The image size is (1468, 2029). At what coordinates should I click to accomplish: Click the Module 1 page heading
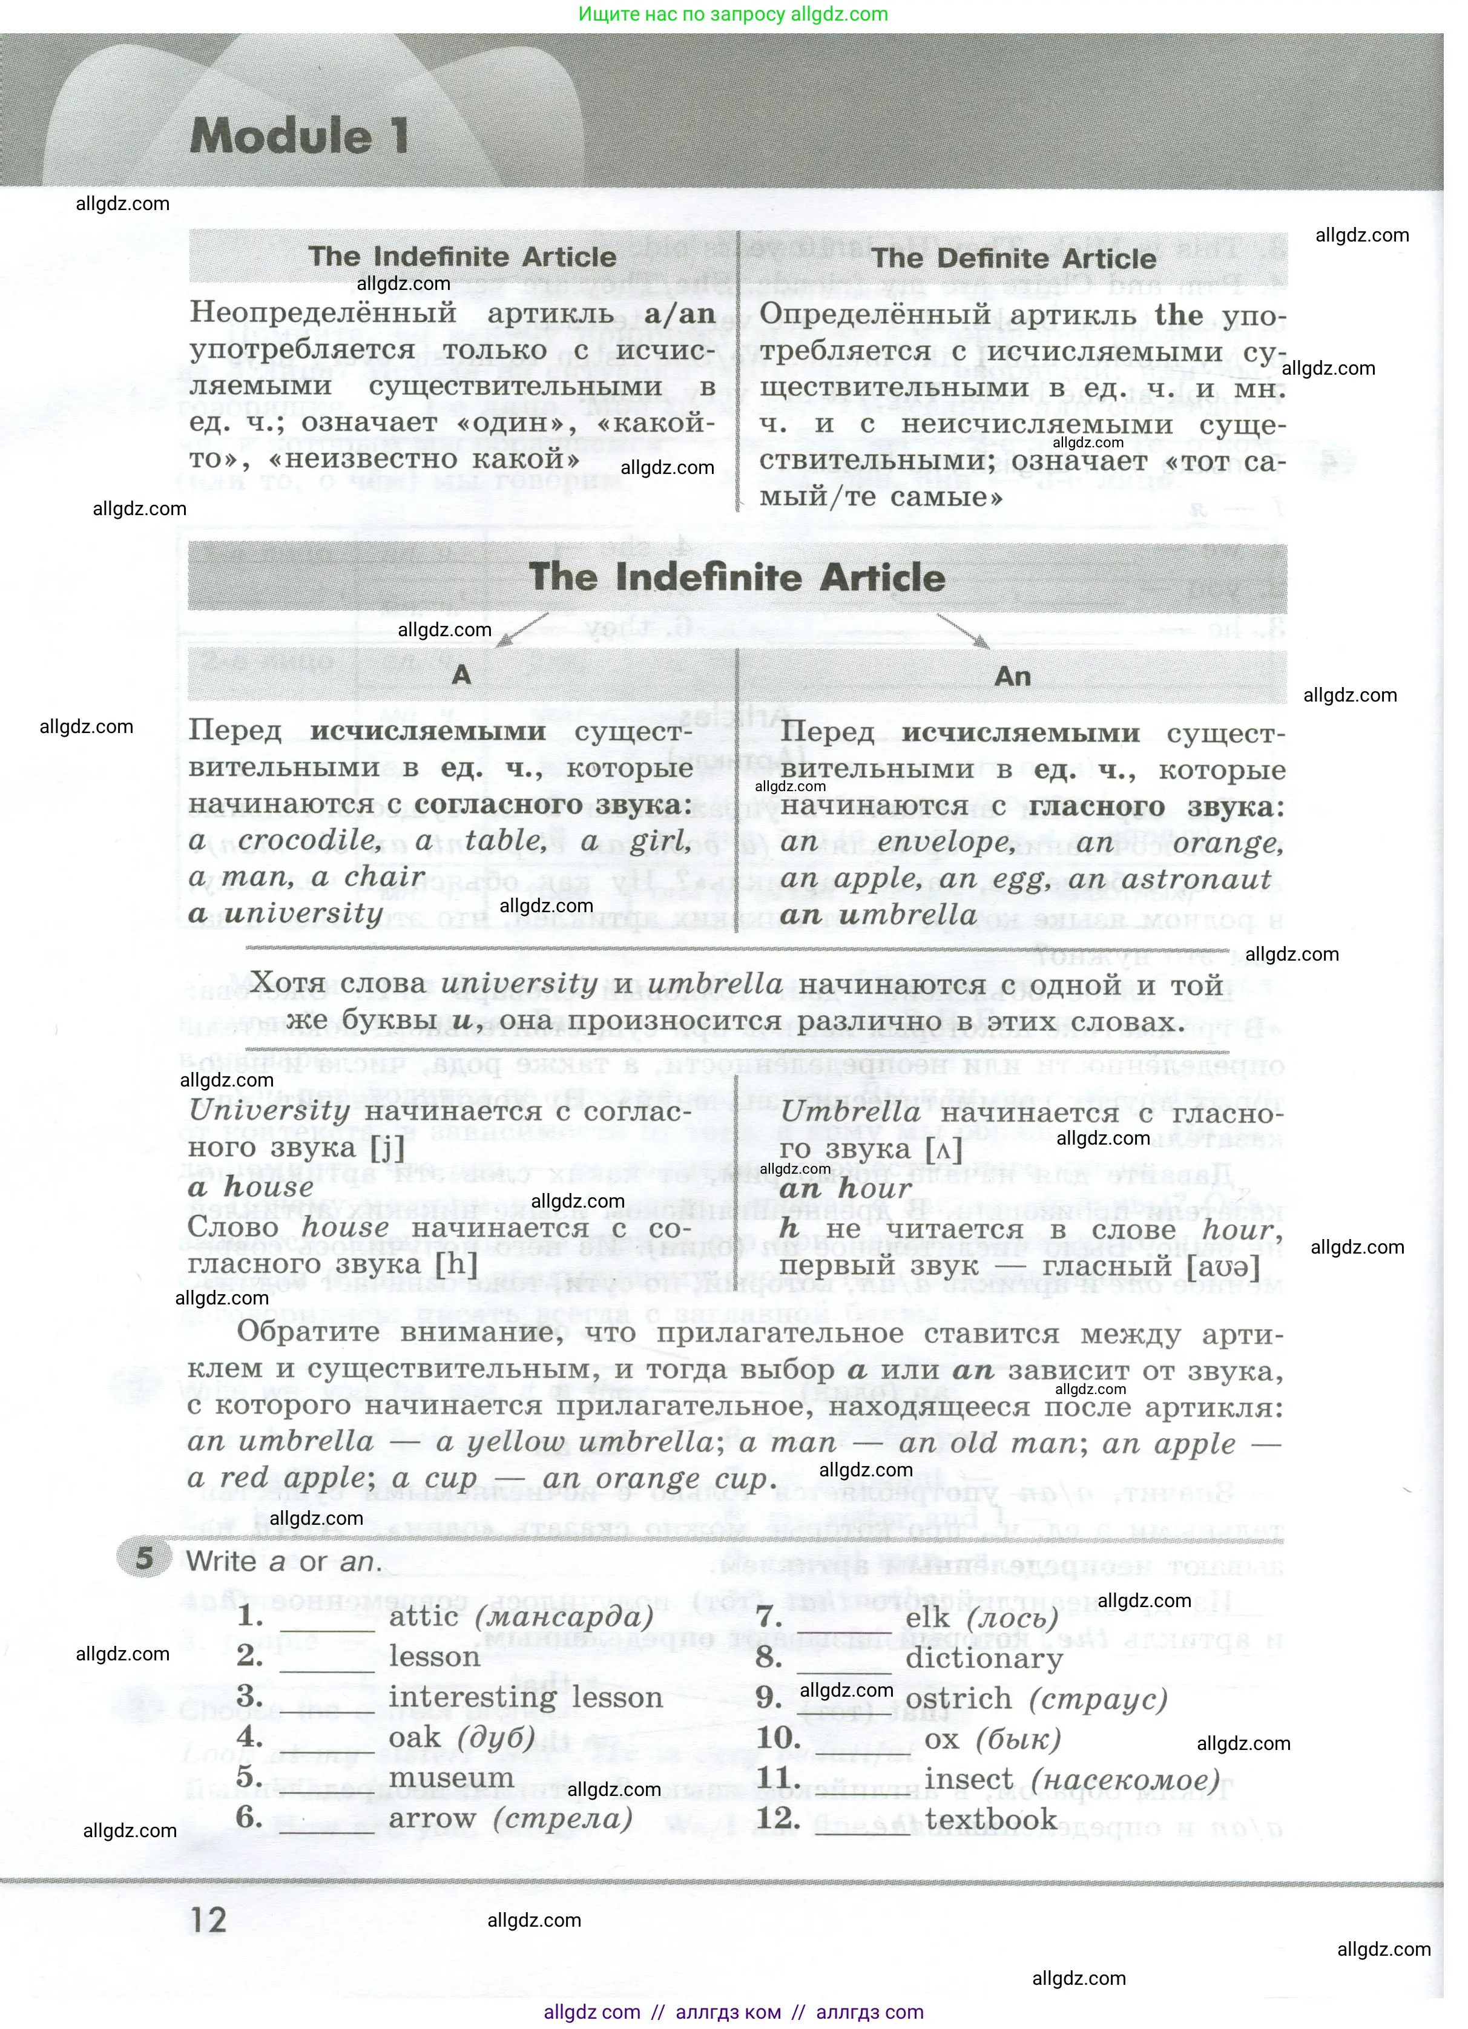(x=300, y=137)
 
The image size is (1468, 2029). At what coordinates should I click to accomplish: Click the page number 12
(x=208, y=1920)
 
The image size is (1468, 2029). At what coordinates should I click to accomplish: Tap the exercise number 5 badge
(x=144, y=1559)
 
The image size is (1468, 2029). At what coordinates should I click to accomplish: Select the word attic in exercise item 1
(x=424, y=1617)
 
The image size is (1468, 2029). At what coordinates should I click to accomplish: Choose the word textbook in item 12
(x=990, y=1819)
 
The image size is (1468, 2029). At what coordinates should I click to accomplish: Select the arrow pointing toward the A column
(x=522, y=629)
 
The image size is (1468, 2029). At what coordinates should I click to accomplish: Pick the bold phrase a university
(x=286, y=913)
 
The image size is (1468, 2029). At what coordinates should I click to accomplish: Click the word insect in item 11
(x=968, y=1780)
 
